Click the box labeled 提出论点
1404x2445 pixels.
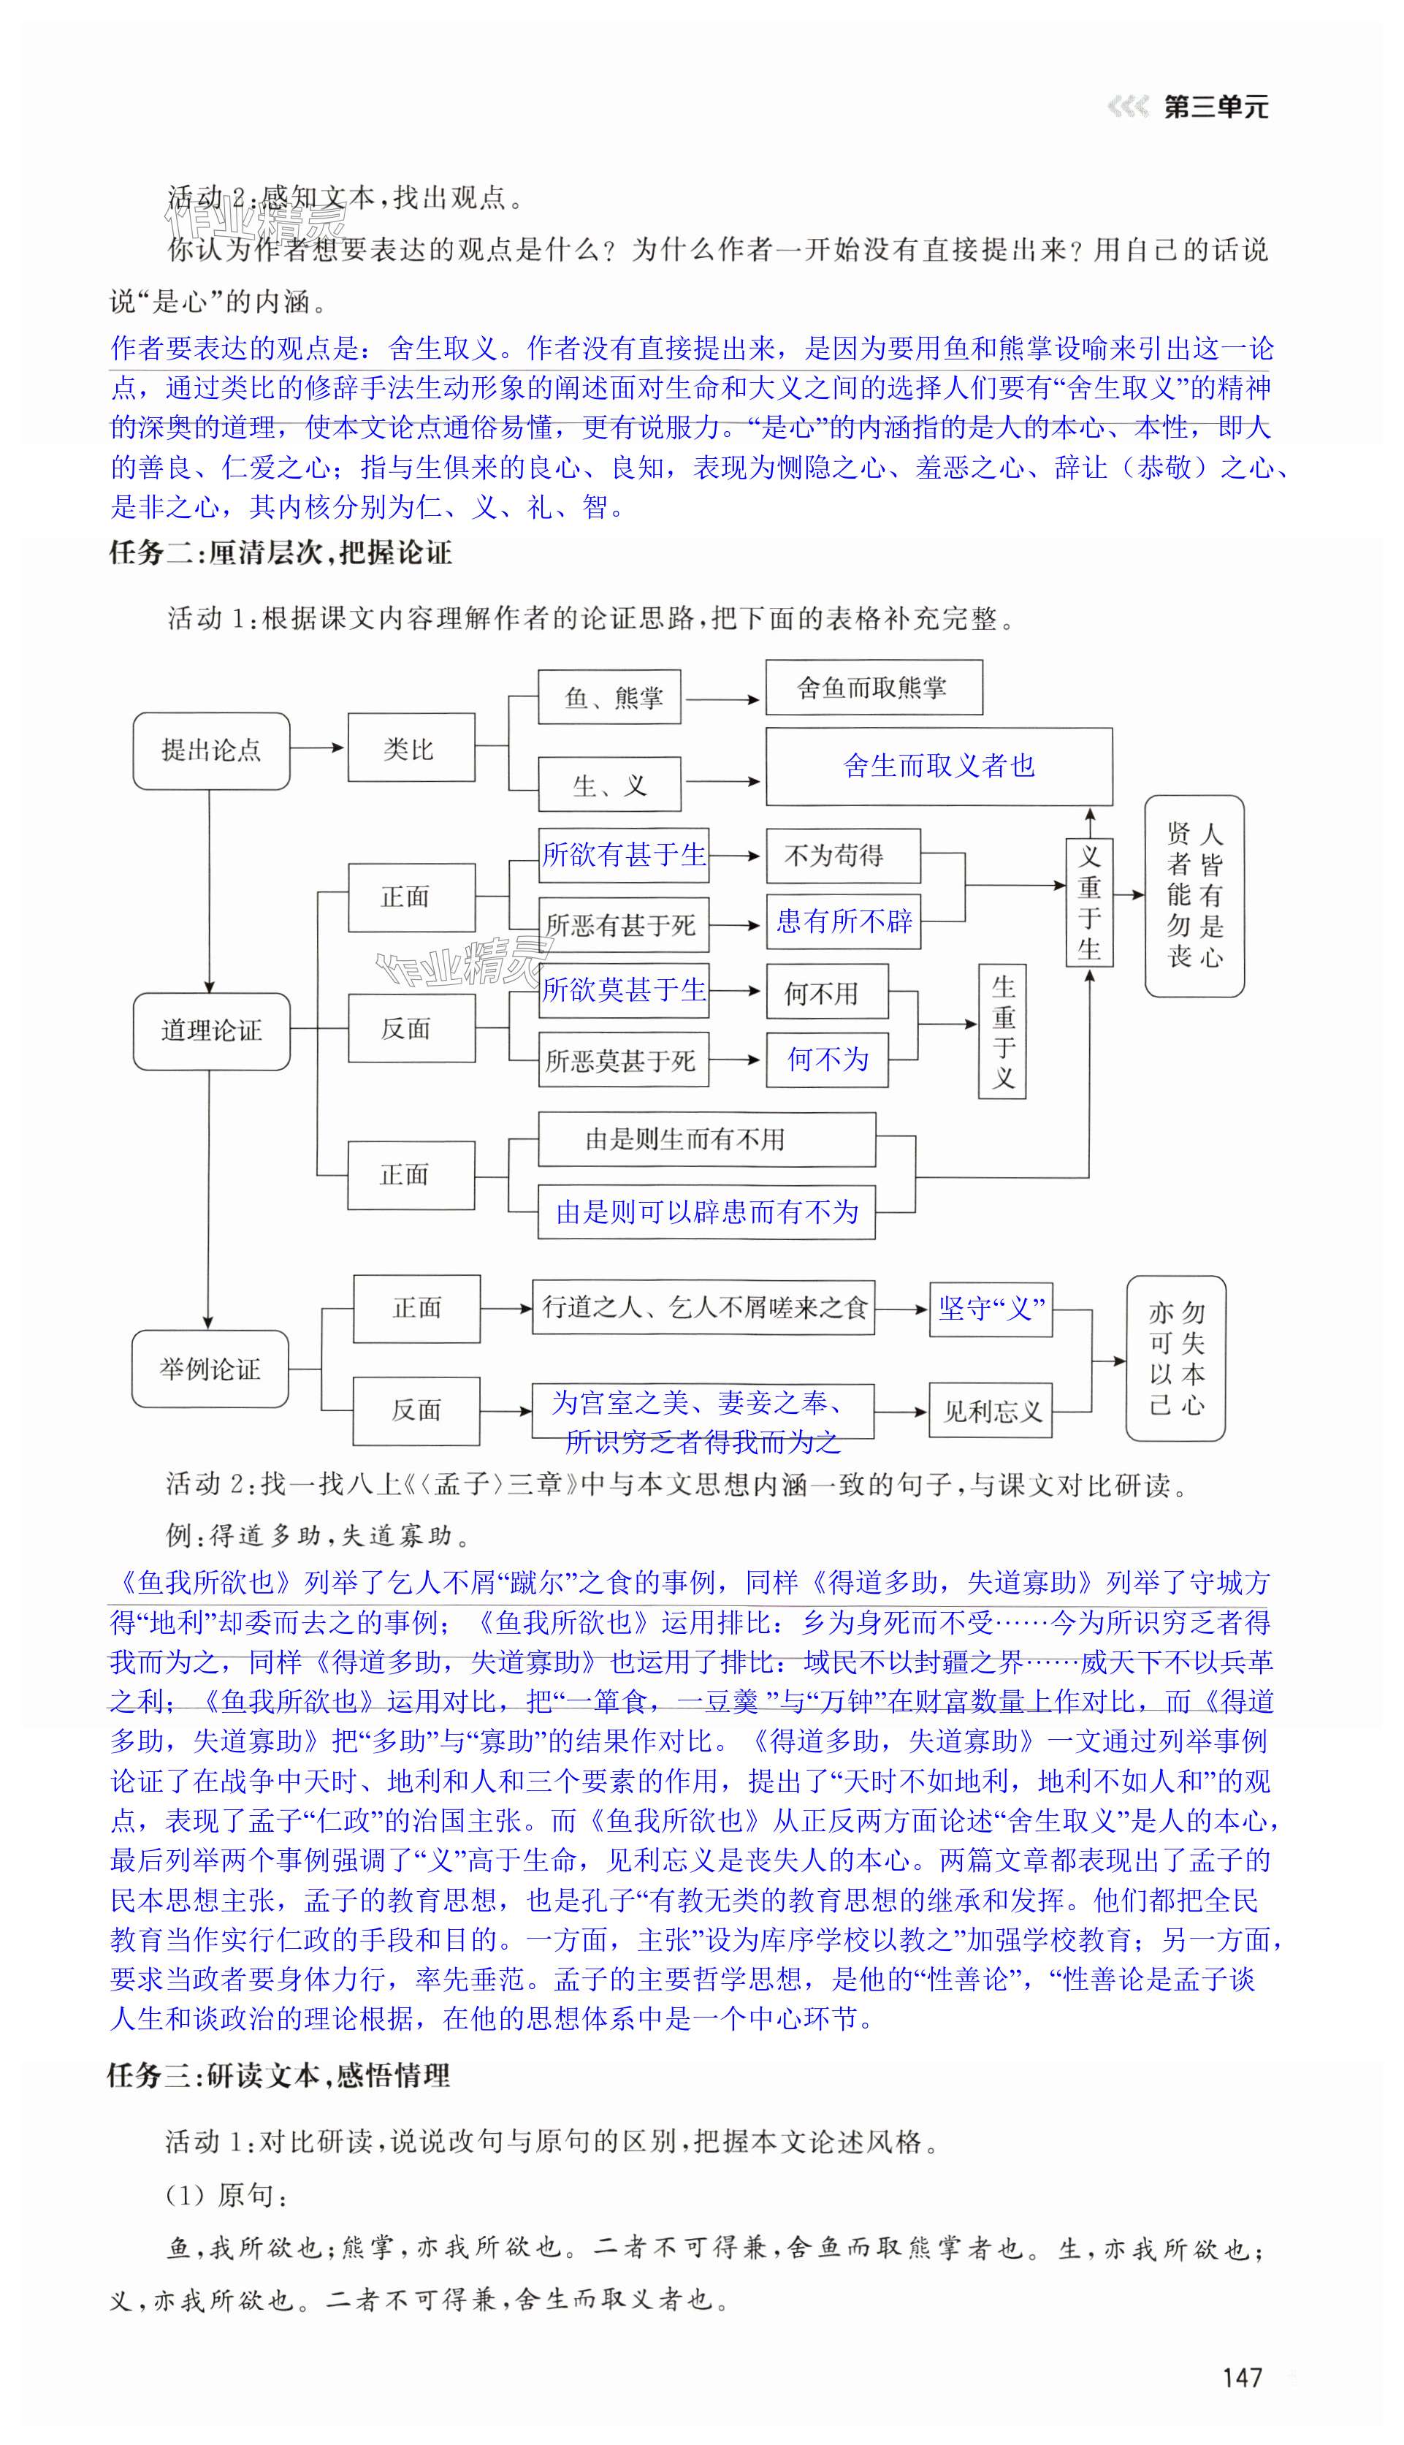point(211,750)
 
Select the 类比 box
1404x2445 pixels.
point(411,748)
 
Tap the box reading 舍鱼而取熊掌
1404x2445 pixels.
point(874,687)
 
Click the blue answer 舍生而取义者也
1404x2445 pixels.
point(938,766)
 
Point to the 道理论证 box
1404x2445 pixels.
point(211,1030)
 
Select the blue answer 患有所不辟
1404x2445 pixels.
point(844,921)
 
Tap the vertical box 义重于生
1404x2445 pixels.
point(1090,902)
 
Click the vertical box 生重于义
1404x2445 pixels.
point(1003,1031)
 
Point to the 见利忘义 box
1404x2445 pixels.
point(991,1411)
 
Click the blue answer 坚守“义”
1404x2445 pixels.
point(991,1309)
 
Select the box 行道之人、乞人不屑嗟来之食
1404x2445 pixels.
point(704,1308)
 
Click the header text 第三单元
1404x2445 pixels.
point(1216,107)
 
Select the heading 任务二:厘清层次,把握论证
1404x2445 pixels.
point(280,552)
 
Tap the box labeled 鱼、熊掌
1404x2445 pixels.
point(609,696)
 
